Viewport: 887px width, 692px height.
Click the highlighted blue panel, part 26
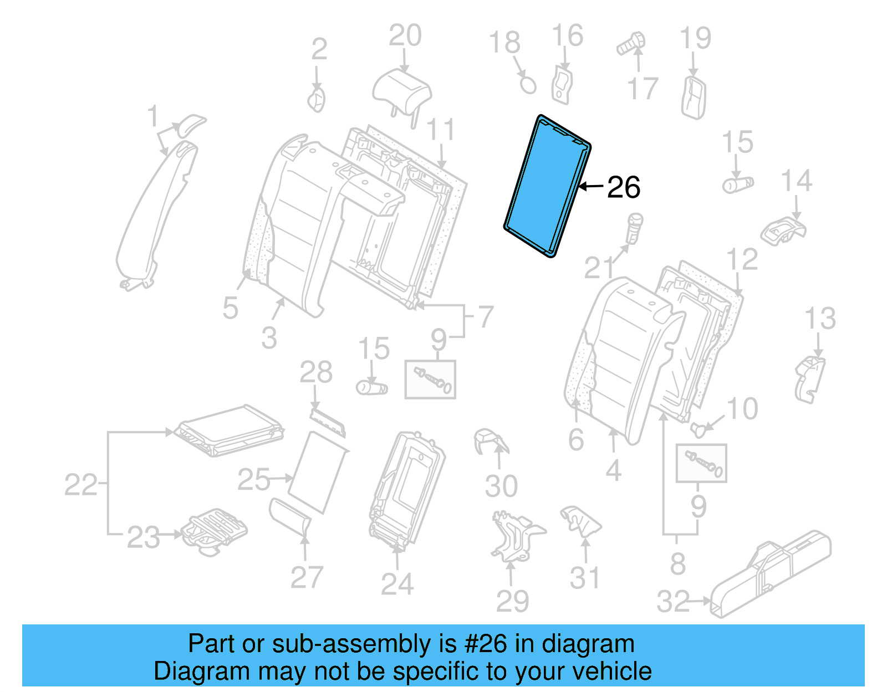(548, 186)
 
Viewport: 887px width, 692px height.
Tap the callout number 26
(624, 188)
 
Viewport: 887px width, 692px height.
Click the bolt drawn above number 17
(631, 43)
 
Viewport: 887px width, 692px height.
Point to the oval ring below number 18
(528, 85)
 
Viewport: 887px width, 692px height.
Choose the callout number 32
(673, 602)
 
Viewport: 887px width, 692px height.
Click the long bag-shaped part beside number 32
(771, 574)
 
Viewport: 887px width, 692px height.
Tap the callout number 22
(80, 485)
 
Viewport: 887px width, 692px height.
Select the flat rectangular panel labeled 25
(318, 472)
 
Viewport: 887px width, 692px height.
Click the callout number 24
(397, 585)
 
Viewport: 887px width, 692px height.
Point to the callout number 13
(820, 319)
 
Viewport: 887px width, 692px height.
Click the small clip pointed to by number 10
(699, 428)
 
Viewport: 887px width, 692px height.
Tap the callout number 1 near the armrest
(152, 117)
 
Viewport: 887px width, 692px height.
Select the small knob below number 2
(317, 100)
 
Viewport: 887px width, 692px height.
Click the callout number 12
(742, 260)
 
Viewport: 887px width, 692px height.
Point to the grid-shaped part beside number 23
(213, 531)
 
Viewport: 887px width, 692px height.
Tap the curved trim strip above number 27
(290, 515)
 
